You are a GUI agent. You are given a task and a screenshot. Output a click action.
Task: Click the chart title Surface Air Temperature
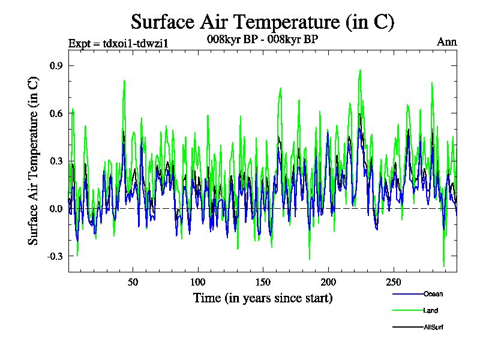262,22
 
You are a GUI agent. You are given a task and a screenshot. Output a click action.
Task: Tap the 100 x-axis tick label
198,282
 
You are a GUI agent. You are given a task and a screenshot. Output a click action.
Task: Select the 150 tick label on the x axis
263,282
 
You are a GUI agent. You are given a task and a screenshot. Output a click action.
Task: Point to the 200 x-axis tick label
328,282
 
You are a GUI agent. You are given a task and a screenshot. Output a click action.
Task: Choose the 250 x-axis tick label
393,282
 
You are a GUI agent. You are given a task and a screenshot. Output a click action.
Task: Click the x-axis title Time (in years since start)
263,298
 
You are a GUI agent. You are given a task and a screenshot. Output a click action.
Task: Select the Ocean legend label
433,294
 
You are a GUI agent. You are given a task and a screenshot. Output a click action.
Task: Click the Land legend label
431,310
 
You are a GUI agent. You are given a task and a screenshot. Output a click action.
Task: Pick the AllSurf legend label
433,327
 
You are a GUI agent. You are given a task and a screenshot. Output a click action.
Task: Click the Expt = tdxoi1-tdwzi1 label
110,43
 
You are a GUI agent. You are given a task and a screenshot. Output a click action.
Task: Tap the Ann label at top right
446,43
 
